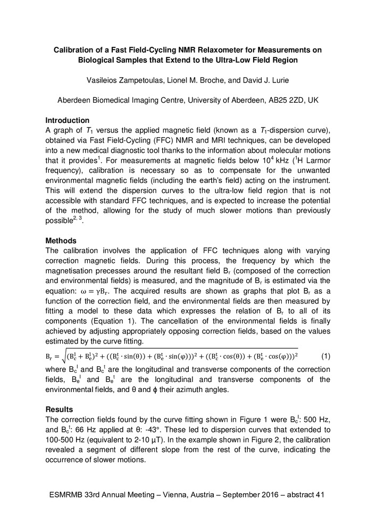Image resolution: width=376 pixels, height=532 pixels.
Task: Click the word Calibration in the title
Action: click(75, 50)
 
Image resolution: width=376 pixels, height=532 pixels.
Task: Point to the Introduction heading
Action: click(67, 120)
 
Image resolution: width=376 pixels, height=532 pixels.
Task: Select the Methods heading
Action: click(61, 241)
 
